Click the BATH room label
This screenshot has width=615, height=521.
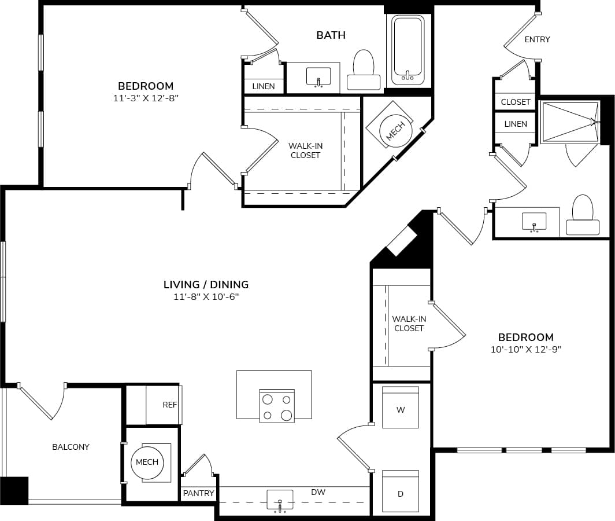[x=331, y=35]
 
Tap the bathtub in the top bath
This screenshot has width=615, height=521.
[x=408, y=50]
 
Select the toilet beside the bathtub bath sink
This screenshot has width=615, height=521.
[x=364, y=71]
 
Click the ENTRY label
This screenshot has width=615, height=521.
[x=537, y=39]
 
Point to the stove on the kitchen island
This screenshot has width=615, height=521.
[x=277, y=406]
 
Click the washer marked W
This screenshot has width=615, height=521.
[x=401, y=409]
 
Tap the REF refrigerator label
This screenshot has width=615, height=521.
[x=169, y=405]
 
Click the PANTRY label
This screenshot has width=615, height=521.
[x=198, y=493]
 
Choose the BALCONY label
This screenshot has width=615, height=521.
[x=71, y=447]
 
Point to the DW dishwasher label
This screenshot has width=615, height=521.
[x=318, y=492]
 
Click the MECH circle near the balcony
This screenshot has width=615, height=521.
[x=147, y=463]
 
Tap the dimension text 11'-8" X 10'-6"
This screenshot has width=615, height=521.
[x=206, y=297]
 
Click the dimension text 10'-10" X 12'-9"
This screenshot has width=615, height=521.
[x=525, y=349]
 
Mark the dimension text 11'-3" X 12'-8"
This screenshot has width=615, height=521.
[x=146, y=98]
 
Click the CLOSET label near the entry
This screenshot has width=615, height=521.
[x=516, y=102]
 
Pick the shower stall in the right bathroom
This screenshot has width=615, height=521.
[x=568, y=122]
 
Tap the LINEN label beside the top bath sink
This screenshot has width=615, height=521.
[x=264, y=86]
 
